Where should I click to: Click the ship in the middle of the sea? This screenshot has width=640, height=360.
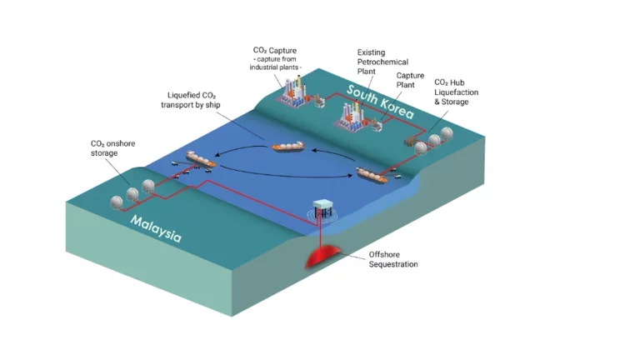coord(288,147)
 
